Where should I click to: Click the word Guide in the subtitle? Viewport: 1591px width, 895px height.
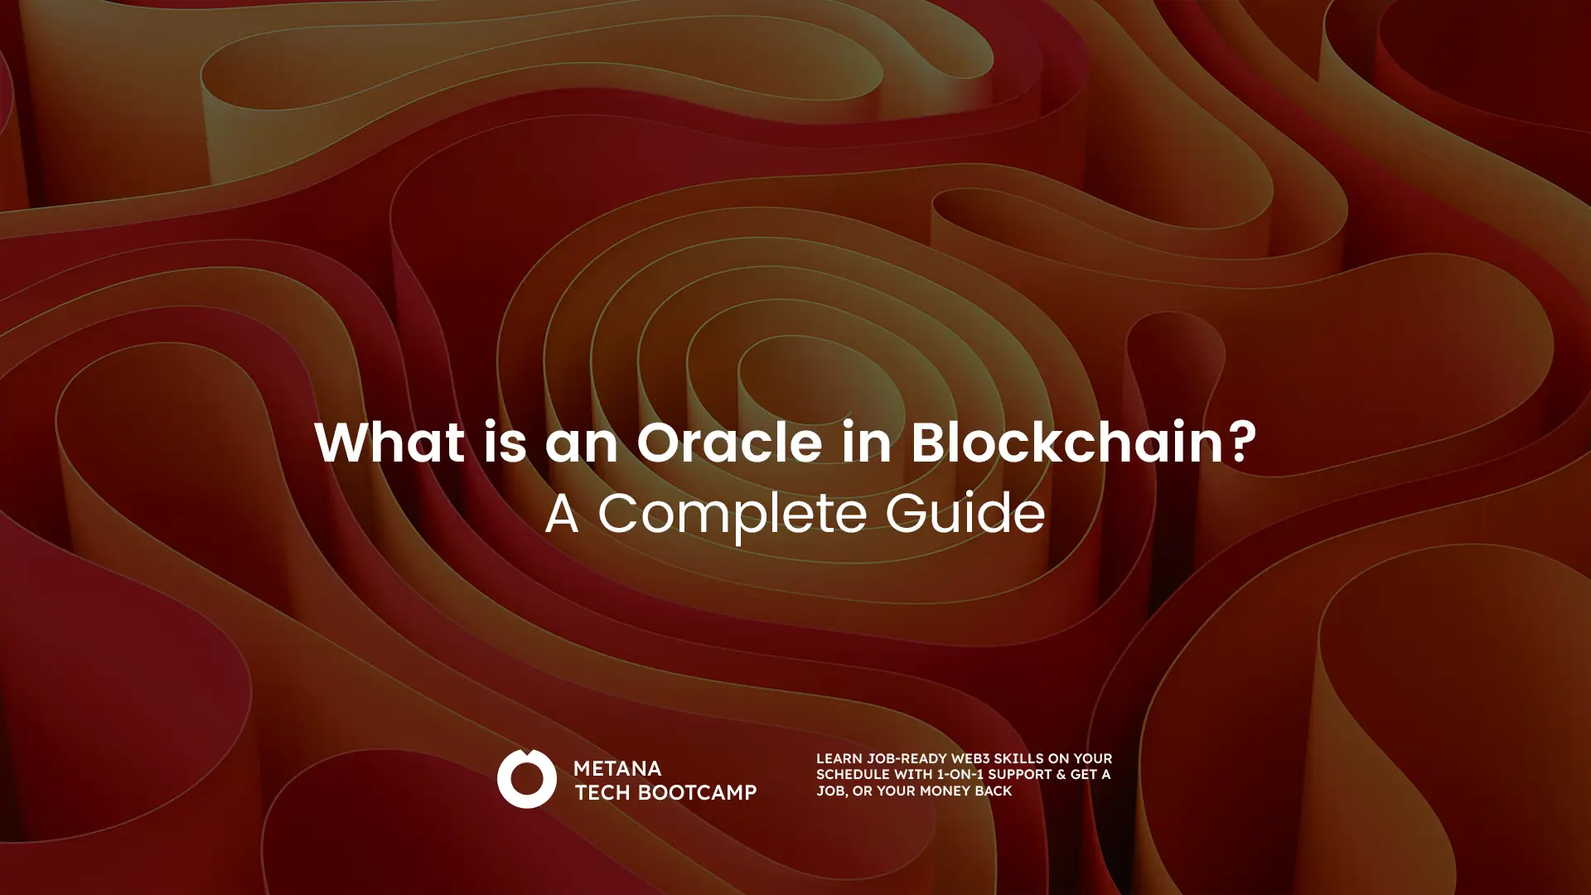965,513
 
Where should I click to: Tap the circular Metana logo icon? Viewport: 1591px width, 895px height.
526,779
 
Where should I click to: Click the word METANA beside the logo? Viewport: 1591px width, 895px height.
617,769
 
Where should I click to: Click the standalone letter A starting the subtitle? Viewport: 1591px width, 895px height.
562,513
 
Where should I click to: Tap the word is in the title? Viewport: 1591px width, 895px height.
504,443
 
